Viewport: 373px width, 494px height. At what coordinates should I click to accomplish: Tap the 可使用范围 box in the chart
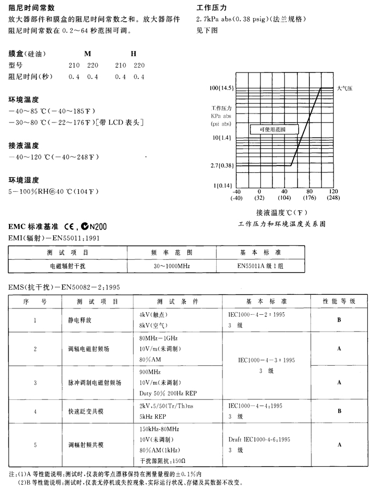coord(274,129)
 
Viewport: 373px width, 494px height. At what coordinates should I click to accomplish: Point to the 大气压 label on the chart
coord(345,89)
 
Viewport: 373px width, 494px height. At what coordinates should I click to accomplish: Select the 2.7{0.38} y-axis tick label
coord(220,166)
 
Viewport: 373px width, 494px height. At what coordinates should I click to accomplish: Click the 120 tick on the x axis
coord(333,191)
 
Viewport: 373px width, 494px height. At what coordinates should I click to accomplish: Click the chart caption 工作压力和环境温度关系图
coord(282,224)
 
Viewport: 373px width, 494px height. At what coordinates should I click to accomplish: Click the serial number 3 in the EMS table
coord(35,382)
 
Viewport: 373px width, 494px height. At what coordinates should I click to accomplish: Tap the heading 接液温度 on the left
coord(24,146)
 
